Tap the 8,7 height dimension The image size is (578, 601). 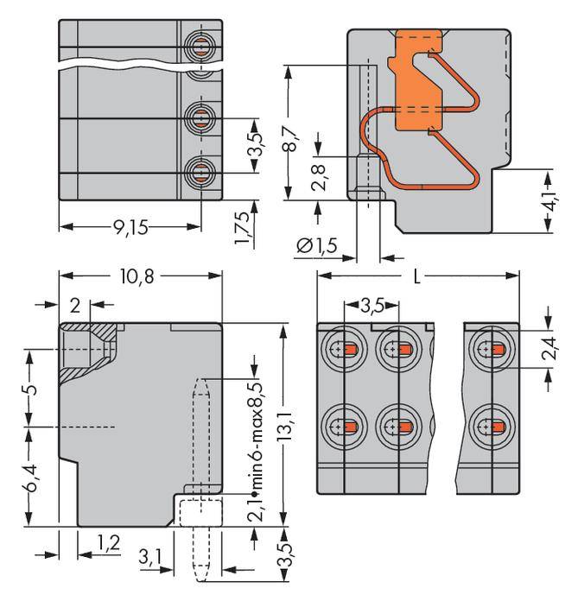(x=294, y=134)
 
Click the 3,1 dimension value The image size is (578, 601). (x=149, y=559)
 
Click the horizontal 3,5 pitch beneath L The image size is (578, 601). (x=372, y=306)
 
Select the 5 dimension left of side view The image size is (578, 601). (x=30, y=388)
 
